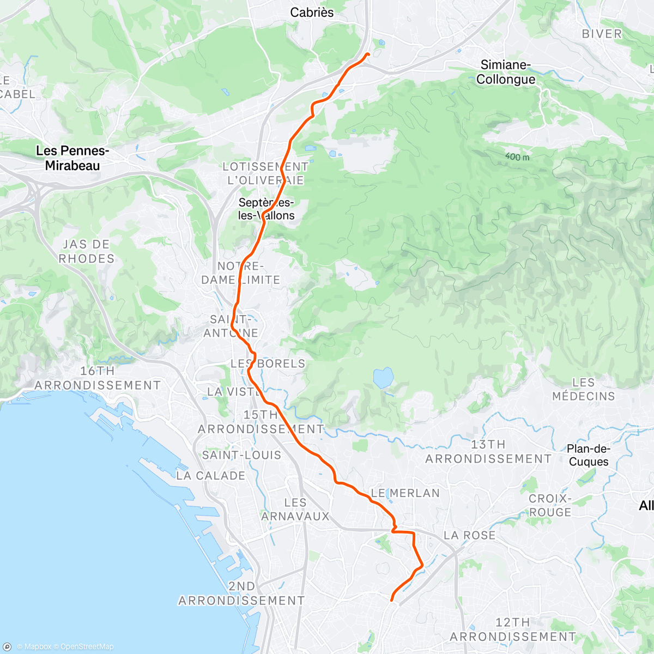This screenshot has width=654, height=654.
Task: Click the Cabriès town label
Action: (x=312, y=13)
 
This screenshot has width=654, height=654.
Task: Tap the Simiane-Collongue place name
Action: (x=505, y=72)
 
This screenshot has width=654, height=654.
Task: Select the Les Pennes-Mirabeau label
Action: (x=72, y=158)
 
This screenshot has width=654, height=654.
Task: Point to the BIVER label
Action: (x=602, y=34)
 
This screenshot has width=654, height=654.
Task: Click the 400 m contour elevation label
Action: (x=517, y=157)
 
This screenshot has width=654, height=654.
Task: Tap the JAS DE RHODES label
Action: (x=87, y=252)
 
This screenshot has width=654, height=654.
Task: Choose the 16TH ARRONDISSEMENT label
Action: (x=98, y=378)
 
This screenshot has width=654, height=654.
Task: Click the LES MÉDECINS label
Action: (x=583, y=389)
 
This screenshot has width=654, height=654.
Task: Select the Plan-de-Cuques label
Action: (x=588, y=455)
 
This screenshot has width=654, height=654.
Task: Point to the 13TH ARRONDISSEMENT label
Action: (x=488, y=452)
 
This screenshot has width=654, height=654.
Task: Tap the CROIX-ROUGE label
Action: (x=550, y=505)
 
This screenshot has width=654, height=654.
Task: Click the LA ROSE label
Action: (x=469, y=535)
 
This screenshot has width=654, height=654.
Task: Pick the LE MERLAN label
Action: (x=405, y=493)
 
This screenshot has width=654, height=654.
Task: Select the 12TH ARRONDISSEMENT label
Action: (x=512, y=629)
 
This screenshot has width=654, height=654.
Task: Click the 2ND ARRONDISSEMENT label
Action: (x=241, y=594)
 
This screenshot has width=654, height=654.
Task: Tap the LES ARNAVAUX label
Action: (x=295, y=509)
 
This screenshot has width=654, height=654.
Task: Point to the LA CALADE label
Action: (x=210, y=476)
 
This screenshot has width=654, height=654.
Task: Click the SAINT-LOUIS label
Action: (x=241, y=455)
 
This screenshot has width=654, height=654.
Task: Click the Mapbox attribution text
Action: (x=34, y=647)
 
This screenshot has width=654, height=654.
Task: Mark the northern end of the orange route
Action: (x=368, y=54)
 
